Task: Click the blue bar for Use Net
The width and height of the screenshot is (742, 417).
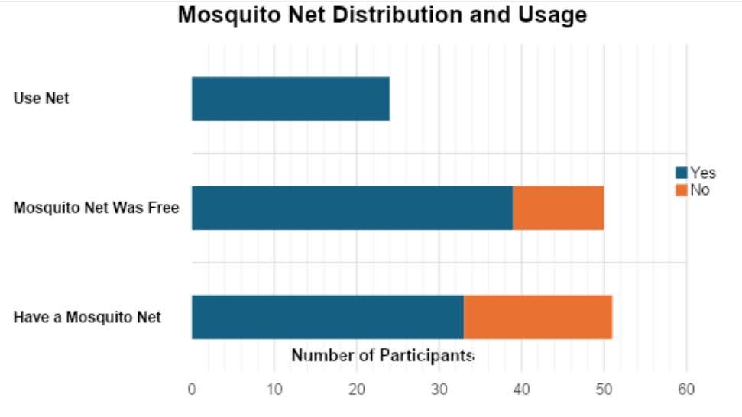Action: tap(290, 99)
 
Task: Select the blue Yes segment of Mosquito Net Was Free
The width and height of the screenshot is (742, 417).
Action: tap(352, 207)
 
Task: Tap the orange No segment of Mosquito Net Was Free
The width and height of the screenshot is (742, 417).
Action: tap(558, 207)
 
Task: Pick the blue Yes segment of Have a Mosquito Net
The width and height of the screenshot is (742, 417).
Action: tap(327, 316)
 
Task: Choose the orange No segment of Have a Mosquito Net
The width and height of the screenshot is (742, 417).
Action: tap(537, 316)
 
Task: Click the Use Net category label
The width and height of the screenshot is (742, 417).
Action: tap(41, 99)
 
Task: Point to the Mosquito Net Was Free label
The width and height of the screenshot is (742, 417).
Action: tap(96, 208)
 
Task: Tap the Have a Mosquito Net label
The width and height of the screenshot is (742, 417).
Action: tap(87, 317)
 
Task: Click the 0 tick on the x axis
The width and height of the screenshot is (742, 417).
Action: tap(192, 390)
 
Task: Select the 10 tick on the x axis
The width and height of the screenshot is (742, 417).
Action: tap(274, 390)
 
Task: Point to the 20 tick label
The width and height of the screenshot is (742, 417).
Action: tap(357, 390)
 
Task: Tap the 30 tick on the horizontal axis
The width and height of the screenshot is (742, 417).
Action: tap(439, 390)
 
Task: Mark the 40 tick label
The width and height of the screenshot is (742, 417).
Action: tap(521, 390)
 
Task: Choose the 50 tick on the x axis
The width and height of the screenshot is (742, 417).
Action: tap(604, 390)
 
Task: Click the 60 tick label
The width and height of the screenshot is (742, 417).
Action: tap(686, 390)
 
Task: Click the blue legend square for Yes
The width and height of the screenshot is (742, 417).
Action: tap(681, 173)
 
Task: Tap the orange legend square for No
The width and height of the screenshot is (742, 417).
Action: tap(681, 190)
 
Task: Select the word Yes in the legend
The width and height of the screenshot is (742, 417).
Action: tap(703, 173)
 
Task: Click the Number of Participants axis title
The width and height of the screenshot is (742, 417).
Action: tap(383, 355)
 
